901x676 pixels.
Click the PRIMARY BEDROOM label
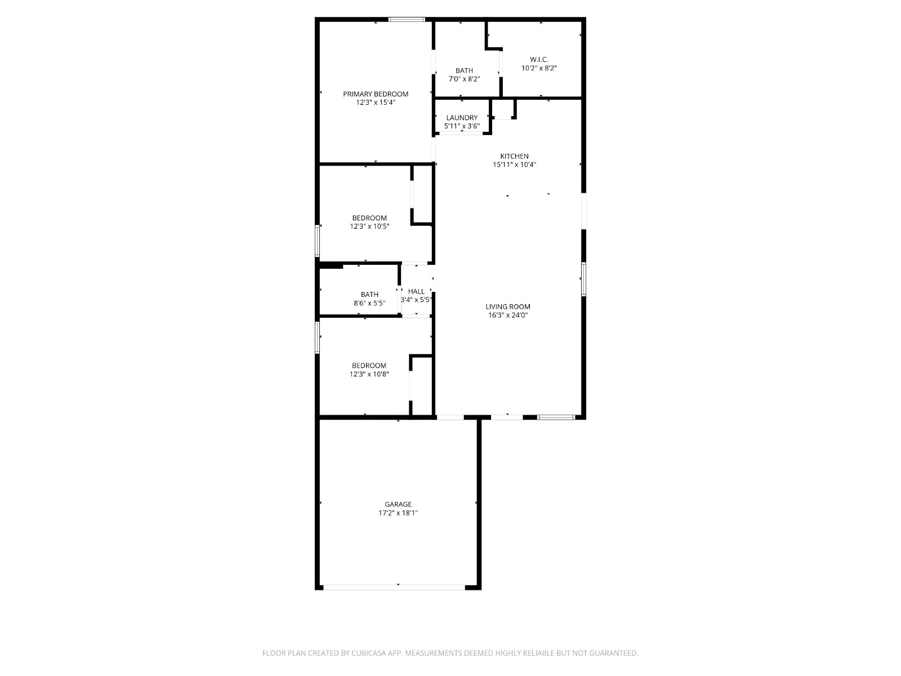[376, 94]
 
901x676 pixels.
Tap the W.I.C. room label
[539, 60]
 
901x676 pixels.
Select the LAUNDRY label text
[462, 118]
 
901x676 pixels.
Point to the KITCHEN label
[514, 157]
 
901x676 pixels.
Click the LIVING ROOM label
[508, 306]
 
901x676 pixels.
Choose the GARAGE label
[398, 504]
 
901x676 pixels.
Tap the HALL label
[416, 292]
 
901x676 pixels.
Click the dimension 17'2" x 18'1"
[398, 513]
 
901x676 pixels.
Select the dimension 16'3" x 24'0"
[508, 315]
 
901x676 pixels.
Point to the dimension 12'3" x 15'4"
[376, 103]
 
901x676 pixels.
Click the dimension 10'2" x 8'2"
[539, 68]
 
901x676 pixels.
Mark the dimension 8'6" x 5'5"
[369, 303]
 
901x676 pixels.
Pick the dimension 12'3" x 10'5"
[369, 226]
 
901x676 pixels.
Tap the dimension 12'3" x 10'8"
[369, 374]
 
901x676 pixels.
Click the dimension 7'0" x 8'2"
[464, 79]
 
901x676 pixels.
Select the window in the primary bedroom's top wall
[407, 19]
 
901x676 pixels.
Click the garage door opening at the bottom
[394, 588]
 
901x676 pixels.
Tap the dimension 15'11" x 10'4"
[514, 165]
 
